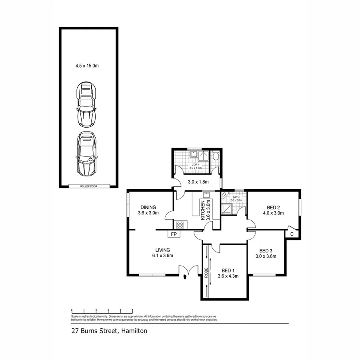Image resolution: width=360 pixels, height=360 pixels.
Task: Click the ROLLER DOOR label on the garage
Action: tap(89, 186)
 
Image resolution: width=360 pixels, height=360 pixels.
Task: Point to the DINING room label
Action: tap(148, 207)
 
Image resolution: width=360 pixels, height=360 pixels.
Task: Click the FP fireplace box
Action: tap(174, 234)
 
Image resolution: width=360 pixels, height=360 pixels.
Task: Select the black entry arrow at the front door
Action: tap(184, 276)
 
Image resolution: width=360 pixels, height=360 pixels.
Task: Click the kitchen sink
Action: tap(206, 195)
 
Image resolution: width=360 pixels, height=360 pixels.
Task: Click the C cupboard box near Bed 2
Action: tap(292, 234)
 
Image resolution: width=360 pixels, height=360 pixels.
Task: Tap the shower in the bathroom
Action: tap(228, 208)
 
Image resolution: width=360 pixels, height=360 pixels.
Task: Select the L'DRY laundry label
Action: tap(195, 165)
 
